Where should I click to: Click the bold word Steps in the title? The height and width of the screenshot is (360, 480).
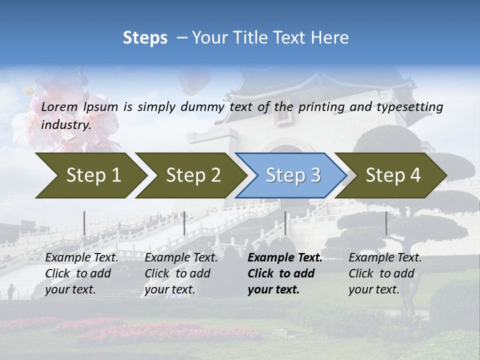pos(145,38)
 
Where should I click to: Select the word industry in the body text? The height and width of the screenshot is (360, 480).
pos(65,125)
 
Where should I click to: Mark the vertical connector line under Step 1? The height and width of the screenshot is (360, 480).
pos(84,223)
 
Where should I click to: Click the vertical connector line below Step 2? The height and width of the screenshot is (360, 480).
pos(184,223)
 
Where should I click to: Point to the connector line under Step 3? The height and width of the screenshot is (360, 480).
pos(285,223)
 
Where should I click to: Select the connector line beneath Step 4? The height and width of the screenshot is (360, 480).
pos(386,223)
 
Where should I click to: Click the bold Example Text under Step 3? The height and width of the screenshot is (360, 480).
pos(285,258)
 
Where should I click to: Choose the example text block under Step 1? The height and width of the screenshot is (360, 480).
pos(81,273)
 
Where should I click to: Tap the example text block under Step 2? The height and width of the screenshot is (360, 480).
pos(181,273)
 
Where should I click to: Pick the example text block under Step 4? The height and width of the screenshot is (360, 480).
pos(385,273)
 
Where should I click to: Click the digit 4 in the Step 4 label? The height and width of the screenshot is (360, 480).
pos(415,175)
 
